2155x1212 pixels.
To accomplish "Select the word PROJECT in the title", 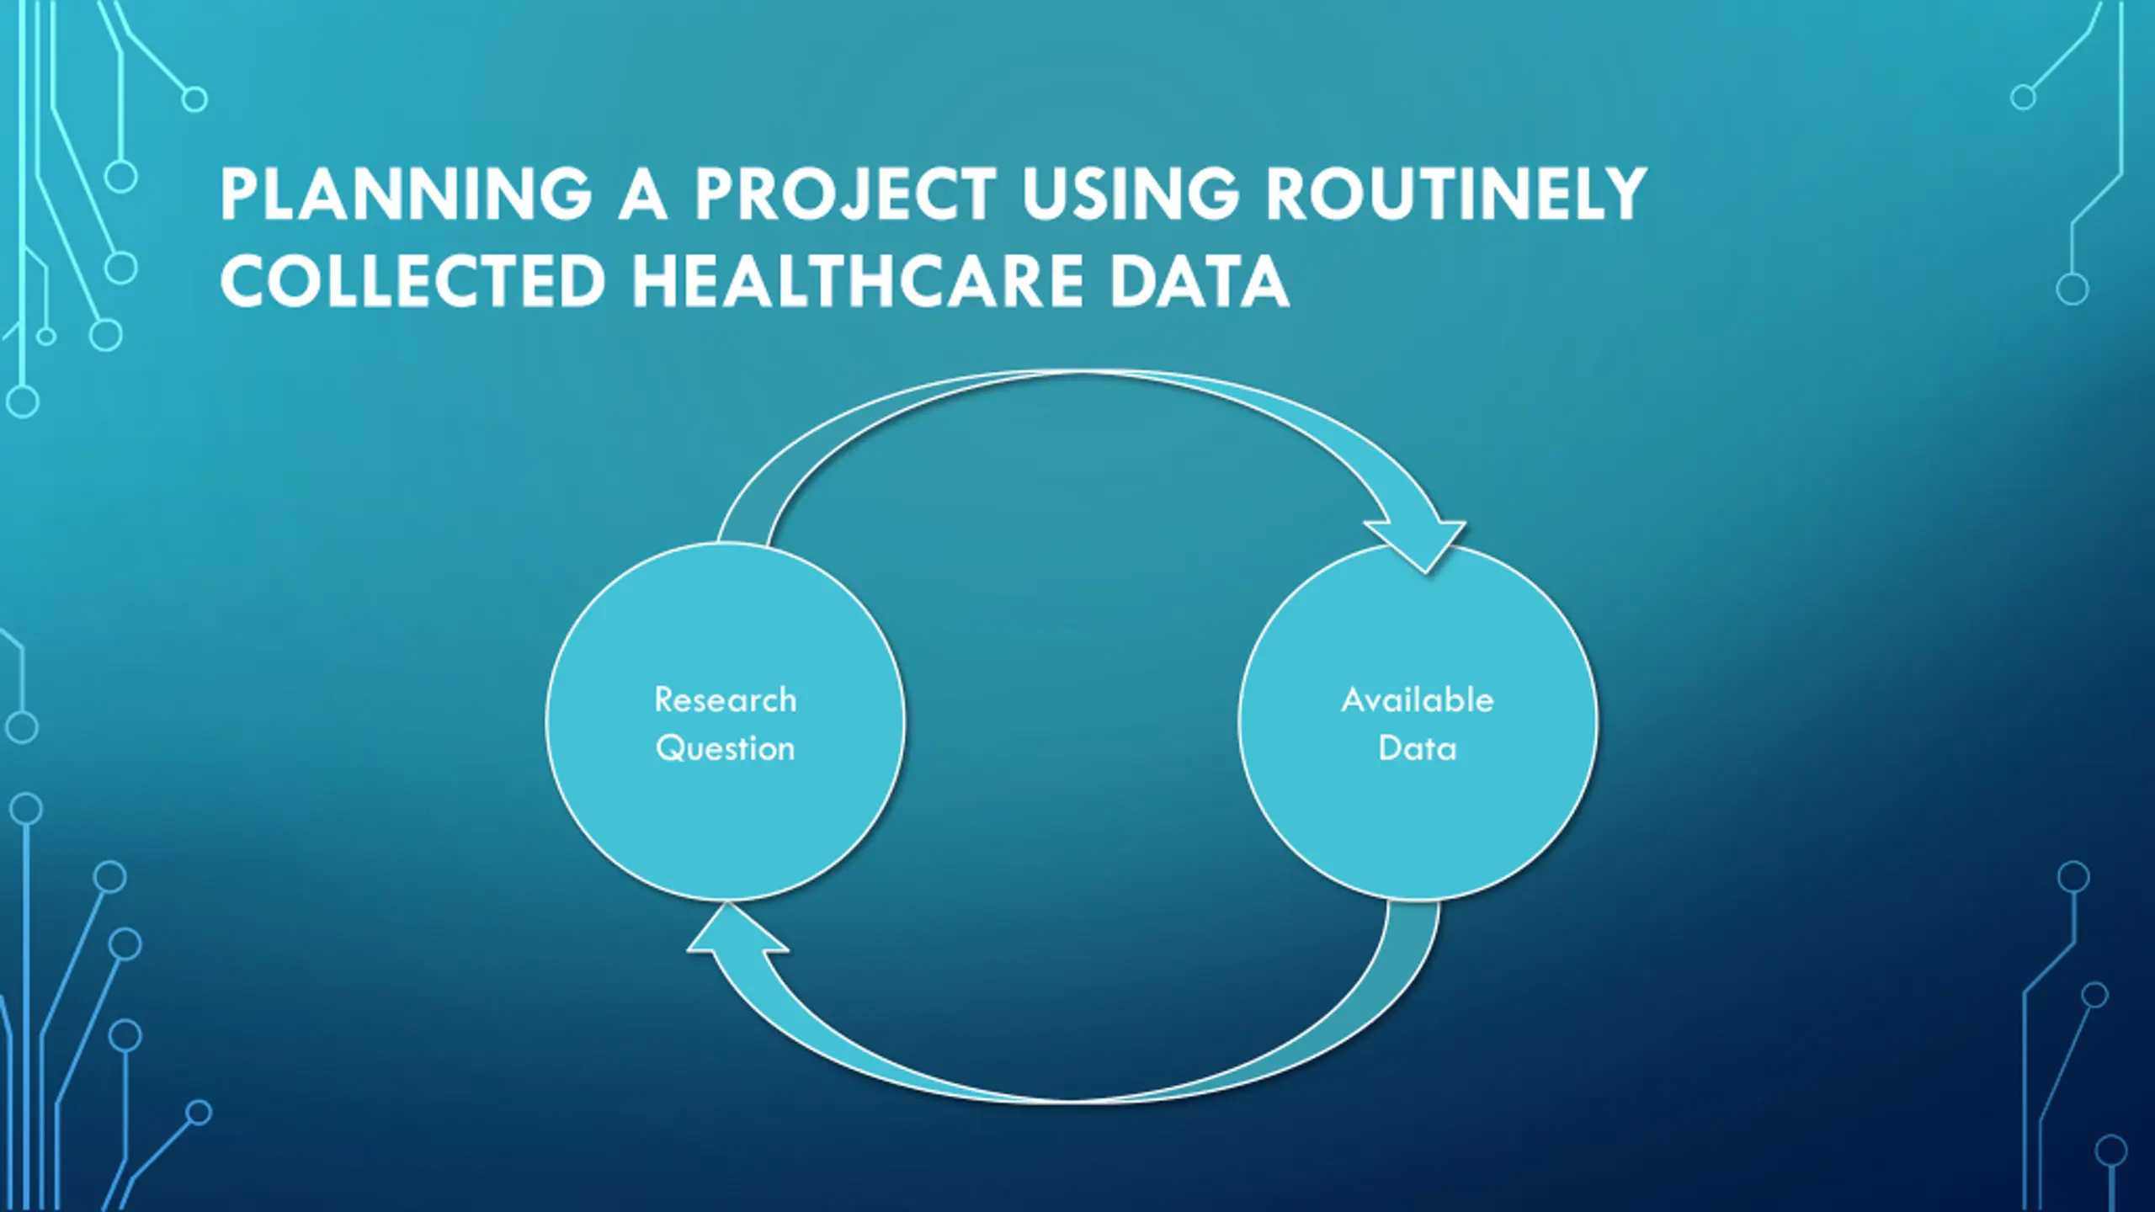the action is point(844,194).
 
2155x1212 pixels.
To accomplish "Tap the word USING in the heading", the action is point(1131,194).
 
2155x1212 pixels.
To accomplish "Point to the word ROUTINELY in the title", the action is point(1455,194).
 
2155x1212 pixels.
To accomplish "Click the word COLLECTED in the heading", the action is point(412,281).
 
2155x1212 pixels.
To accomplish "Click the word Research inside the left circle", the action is point(725,700).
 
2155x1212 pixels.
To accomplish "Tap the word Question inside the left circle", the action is point(725,748).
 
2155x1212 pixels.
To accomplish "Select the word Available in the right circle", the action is point(1418,700).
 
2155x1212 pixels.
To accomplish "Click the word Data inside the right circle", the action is point(1418,748).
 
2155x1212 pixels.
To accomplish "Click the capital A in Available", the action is point(1354,700).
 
